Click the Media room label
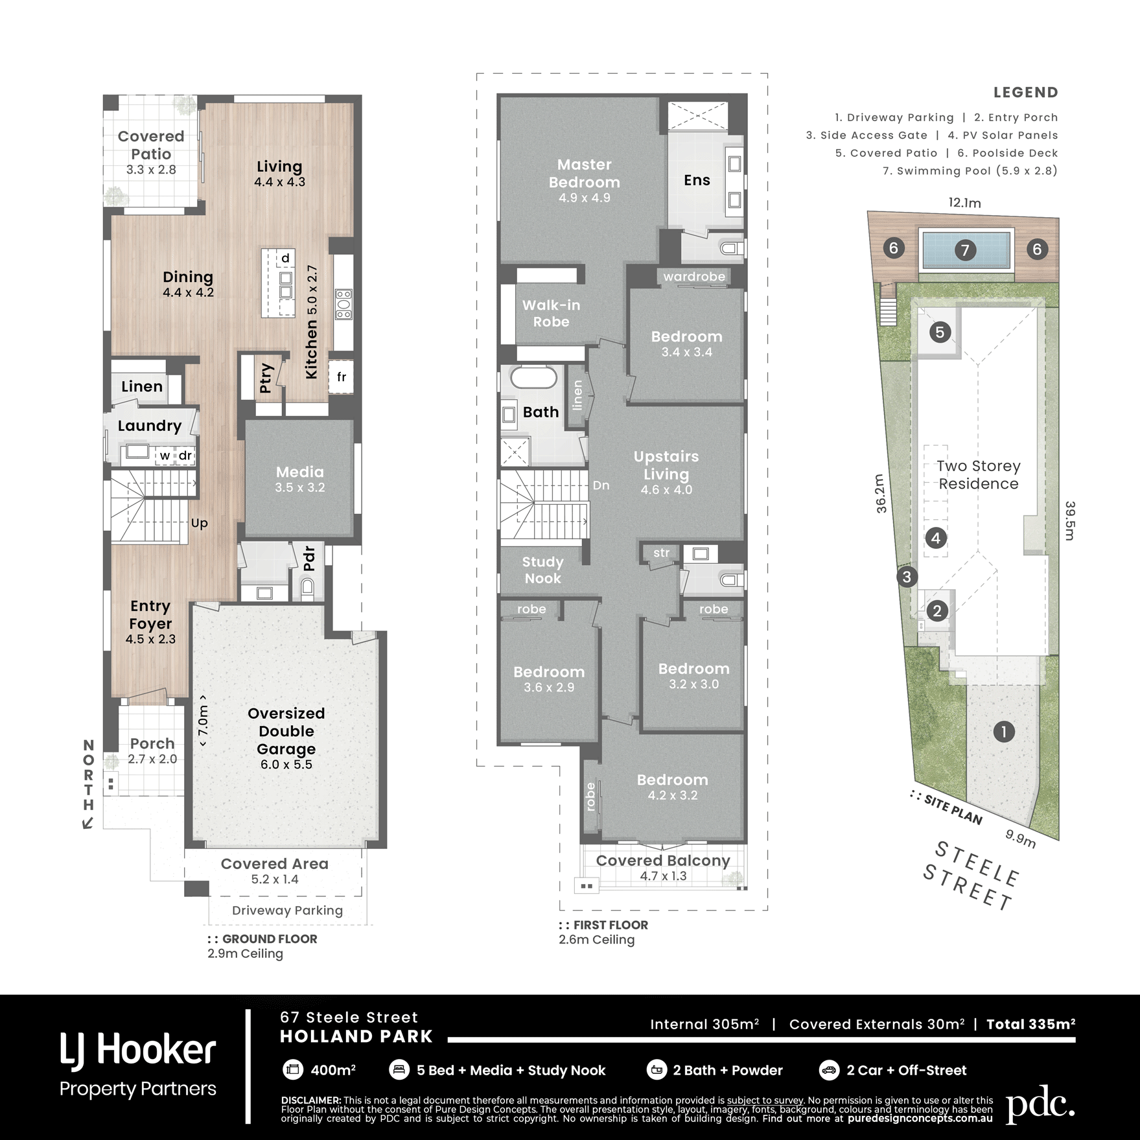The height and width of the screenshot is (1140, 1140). pos(299,472)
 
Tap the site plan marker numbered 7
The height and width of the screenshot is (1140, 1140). pos(965,250)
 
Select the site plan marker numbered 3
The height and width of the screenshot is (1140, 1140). pos(907,577)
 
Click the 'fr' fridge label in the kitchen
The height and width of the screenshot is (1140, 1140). pos(342,377)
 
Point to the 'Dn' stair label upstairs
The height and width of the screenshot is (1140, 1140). pos(601,485)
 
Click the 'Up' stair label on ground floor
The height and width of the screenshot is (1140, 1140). pos(199,523)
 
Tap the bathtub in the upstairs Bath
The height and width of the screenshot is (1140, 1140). pos(533,377)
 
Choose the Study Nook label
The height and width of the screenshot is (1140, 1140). pos(543,570)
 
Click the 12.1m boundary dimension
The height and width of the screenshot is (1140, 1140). pos(964,203)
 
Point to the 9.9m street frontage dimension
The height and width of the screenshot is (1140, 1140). pos(1020,838)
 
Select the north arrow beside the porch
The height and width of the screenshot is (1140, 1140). pos(88,823)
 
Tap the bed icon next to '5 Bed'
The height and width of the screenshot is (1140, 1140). pos(399,1069)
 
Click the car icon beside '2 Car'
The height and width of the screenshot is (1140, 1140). pos(829,1069)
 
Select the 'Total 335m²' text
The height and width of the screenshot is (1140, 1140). pos(1030,1024)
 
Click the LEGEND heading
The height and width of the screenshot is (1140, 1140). pos(1025,93)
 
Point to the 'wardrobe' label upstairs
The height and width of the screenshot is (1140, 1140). pos(694,277)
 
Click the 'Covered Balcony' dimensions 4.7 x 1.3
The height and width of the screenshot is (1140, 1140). pos(663,876)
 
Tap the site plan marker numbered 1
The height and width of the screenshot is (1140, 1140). pos(1003,732)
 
